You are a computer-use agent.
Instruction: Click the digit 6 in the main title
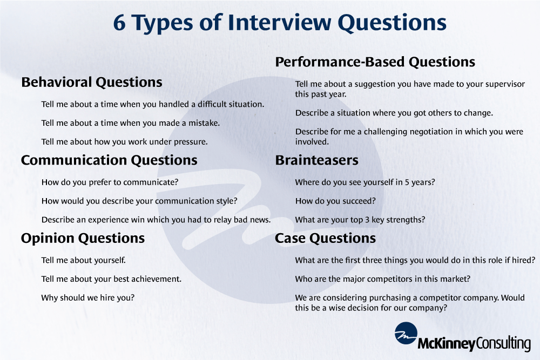119,23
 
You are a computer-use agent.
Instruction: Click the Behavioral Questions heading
92,82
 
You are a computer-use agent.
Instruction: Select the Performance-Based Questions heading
375,62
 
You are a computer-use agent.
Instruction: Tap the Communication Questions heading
109,160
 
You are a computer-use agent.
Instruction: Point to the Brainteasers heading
317,160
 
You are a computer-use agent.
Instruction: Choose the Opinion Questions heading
83,239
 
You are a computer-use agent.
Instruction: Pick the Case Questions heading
326,238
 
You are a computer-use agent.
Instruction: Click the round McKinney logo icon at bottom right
406,333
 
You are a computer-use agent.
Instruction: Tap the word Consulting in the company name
503,344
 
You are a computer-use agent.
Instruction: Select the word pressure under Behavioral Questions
191,142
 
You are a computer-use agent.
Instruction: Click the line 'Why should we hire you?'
88,298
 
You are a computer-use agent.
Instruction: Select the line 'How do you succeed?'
335,201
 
